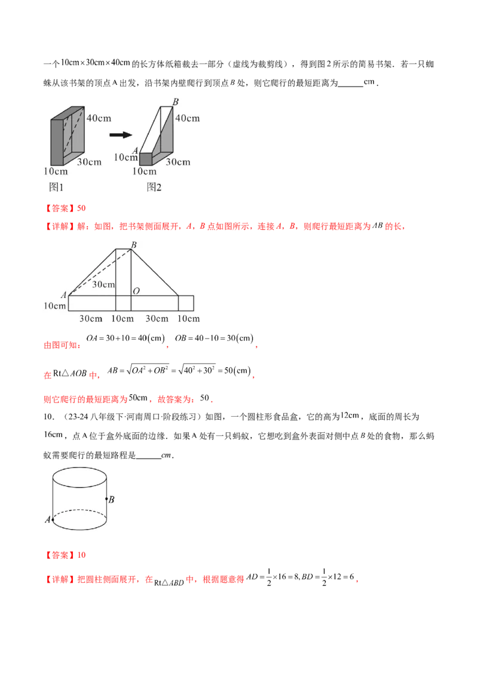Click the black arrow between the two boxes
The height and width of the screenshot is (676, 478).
[x=120, y=135]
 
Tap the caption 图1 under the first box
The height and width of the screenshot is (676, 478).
[x=56, y=187]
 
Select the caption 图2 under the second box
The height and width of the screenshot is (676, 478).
[x=154, y=187]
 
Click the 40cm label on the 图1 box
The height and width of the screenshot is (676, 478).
[x=99, y=118]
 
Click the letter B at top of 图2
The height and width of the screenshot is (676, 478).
[x=176, y=102]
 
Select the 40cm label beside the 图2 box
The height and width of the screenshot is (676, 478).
[x=187, y=118]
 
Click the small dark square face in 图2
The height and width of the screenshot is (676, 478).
[x=145, y=159]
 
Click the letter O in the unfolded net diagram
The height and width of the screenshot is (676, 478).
[x=136, y=291]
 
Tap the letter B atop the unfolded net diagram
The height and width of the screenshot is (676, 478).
[x=133, y=245]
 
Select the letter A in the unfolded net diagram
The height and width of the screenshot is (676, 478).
[x=63, y=294]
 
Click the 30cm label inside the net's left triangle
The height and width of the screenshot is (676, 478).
[x=103, y=284]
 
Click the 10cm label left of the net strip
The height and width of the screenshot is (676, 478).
[x=54, y=306]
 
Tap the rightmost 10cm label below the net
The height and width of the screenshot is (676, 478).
[x=189, y=319]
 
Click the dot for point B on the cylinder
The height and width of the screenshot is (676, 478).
[x=106, y=499]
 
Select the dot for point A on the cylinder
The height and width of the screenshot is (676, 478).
[x=53, y=520]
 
